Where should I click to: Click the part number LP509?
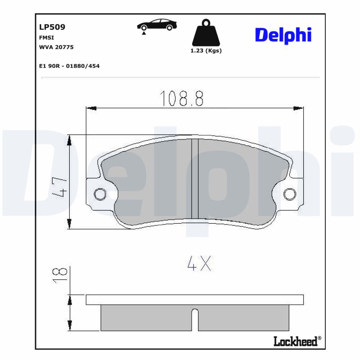click(x=52, y=27)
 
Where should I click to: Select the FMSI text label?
click(x=47, y=38)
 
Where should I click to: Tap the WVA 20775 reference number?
click(x=56, y=47)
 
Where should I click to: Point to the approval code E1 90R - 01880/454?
click(x=69, y=66)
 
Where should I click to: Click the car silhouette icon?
click(x=157, y=25)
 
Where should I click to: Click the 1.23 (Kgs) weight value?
click(x=206, y=51)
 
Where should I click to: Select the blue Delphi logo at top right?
click(x=283, y=35)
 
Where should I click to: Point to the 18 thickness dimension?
click(x=60, y=274)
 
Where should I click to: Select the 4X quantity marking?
click(x=199, y=264)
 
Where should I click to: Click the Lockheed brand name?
click(x=295, y=342)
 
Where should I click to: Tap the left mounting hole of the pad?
click(x=99, y=194)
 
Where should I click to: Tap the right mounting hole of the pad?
click(x=290, y=194)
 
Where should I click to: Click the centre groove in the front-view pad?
click(x=195, y=180)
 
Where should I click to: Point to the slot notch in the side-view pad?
click(x=195, y=319)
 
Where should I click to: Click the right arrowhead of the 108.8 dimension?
click(x=298, y=108)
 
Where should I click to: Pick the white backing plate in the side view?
click(x=194, y=300)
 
